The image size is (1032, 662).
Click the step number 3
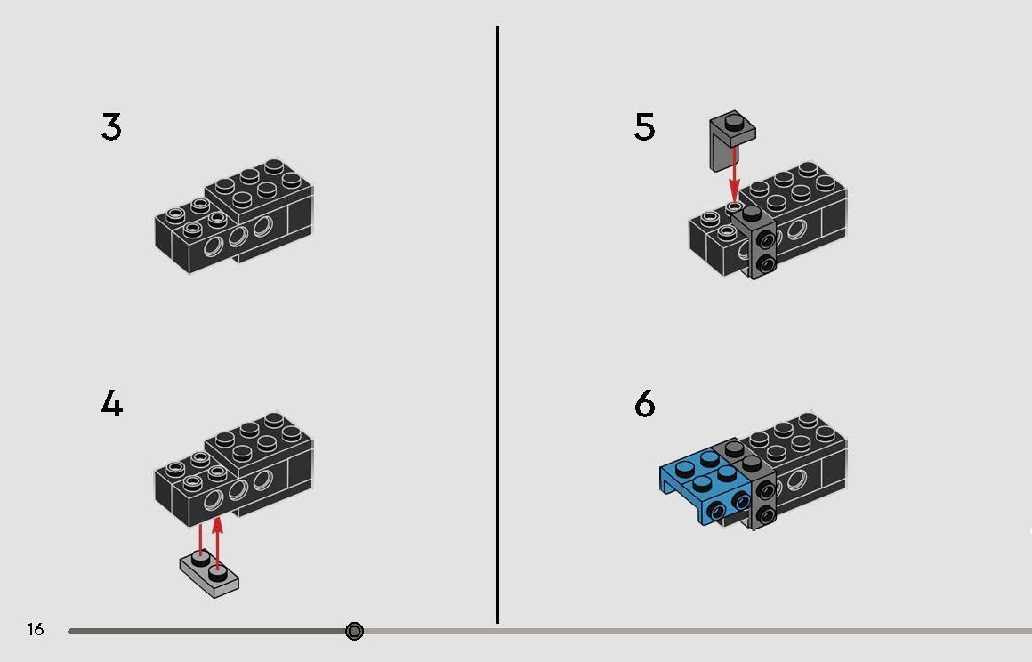(x=111, y=127)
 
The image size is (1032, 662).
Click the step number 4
(x=111, y=405)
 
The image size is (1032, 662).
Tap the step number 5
(x=644, y=128)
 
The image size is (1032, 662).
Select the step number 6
(x=644, y=405)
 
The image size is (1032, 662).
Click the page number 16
(x=35, y=630)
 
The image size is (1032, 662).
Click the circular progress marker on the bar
(x=354, y=632)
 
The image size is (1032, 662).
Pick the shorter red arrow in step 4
(x=200, y=538)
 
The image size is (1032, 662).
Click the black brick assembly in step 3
(x=234, y=218)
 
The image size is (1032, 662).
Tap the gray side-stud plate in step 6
(x=761, y=494)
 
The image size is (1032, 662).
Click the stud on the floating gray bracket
(x=732, y=121)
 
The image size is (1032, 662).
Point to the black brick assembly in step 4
(x=234, y=472)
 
